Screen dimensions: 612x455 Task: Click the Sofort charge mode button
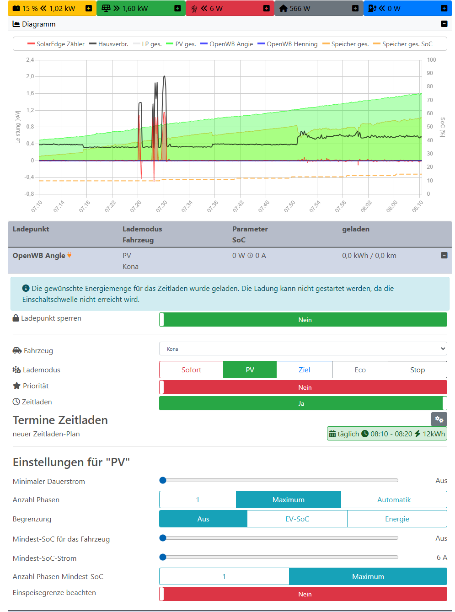coord(191,370)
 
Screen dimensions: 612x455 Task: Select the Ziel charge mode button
coord(304,370)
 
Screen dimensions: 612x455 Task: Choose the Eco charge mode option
coord(360,370)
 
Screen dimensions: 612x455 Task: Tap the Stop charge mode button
coord(417,370)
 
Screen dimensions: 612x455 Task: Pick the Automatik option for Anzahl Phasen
coord(394,499)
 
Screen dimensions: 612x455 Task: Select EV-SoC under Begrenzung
coord(297,519)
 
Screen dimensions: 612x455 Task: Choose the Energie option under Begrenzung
coord(397,519)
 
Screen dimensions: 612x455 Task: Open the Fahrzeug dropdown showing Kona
coord(303,349)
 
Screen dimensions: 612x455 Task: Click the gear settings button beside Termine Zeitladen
coord(439,419)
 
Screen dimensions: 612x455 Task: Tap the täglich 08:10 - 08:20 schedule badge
coord(387,434)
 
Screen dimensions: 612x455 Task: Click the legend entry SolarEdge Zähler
coord(56,44)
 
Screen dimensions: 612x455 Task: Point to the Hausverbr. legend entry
coord(108,44)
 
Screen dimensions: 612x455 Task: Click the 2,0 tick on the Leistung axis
coord(30,76)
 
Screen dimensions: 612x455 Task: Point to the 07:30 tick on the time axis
coord(162,206)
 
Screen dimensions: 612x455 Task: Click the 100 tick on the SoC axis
coord(431,60)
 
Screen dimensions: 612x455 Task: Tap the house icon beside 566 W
coord(284,8)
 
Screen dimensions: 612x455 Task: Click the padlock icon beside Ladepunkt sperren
coord(16,318)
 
